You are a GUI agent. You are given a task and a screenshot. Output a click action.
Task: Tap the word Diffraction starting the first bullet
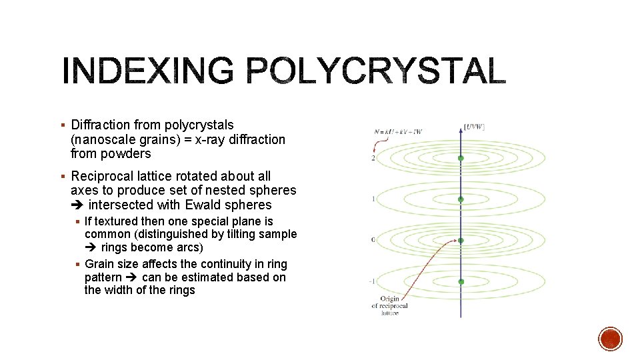[x=101, y=125]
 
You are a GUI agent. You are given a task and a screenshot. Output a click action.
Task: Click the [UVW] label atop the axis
[x=473, y=127]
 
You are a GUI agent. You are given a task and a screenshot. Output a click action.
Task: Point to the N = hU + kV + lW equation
[x=398, y=131]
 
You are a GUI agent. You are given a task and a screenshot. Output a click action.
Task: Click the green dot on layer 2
[x=461, y=158]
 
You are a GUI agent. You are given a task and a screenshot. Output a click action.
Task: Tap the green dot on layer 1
[x=461, y=199]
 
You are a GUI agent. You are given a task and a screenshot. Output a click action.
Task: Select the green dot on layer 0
[x=461, y=241]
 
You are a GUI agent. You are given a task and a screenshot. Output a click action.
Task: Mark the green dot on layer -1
[x=461, y=282]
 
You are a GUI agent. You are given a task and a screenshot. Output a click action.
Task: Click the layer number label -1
[x=373, y=281]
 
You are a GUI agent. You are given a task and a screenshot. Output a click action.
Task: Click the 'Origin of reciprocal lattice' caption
[x=389, y=306]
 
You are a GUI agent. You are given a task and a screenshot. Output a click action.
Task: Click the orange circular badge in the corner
[x=610, y=339]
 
